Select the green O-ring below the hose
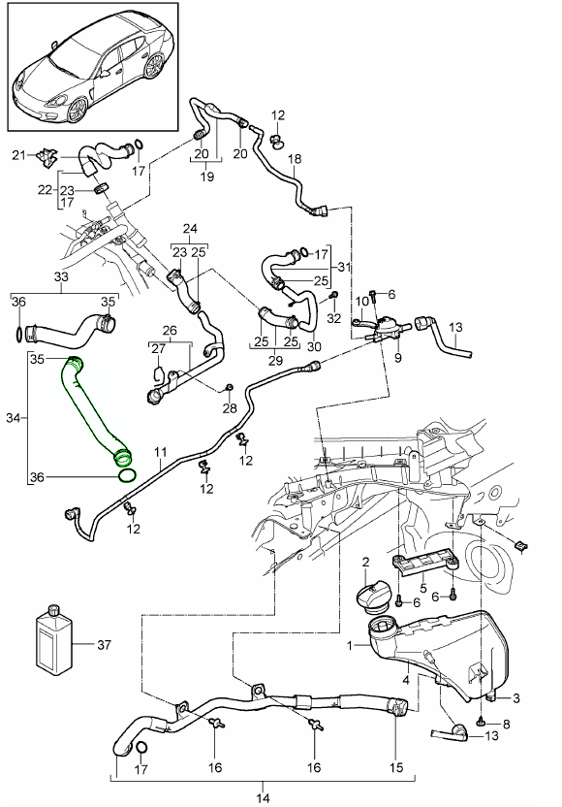126,474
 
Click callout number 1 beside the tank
352,644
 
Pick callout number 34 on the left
13,417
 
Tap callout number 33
62,276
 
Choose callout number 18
296,158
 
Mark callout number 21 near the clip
17,154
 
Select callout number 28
229,407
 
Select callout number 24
189,230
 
